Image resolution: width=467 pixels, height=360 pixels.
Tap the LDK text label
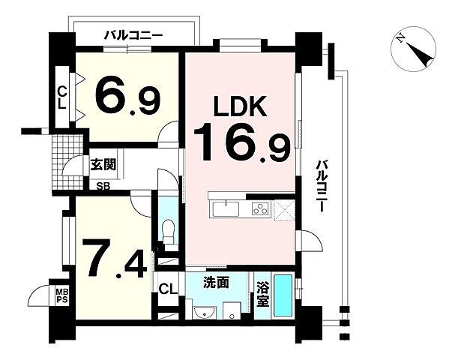click(x=241, y=107)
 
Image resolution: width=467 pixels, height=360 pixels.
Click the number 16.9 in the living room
click(x=241, y=143)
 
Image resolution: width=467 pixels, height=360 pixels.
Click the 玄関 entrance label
click(x=102, y=165)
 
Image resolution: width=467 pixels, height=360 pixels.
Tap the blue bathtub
click(x=283, y=297)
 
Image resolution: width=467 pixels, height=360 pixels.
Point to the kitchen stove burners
click(x=259, y=208)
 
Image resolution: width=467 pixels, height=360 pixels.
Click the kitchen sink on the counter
click(x=226, y=208)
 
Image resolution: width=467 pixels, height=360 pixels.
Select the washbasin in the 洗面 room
click(x=203, y=311)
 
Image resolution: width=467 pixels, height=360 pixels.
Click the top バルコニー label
click(x=133, y=34)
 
